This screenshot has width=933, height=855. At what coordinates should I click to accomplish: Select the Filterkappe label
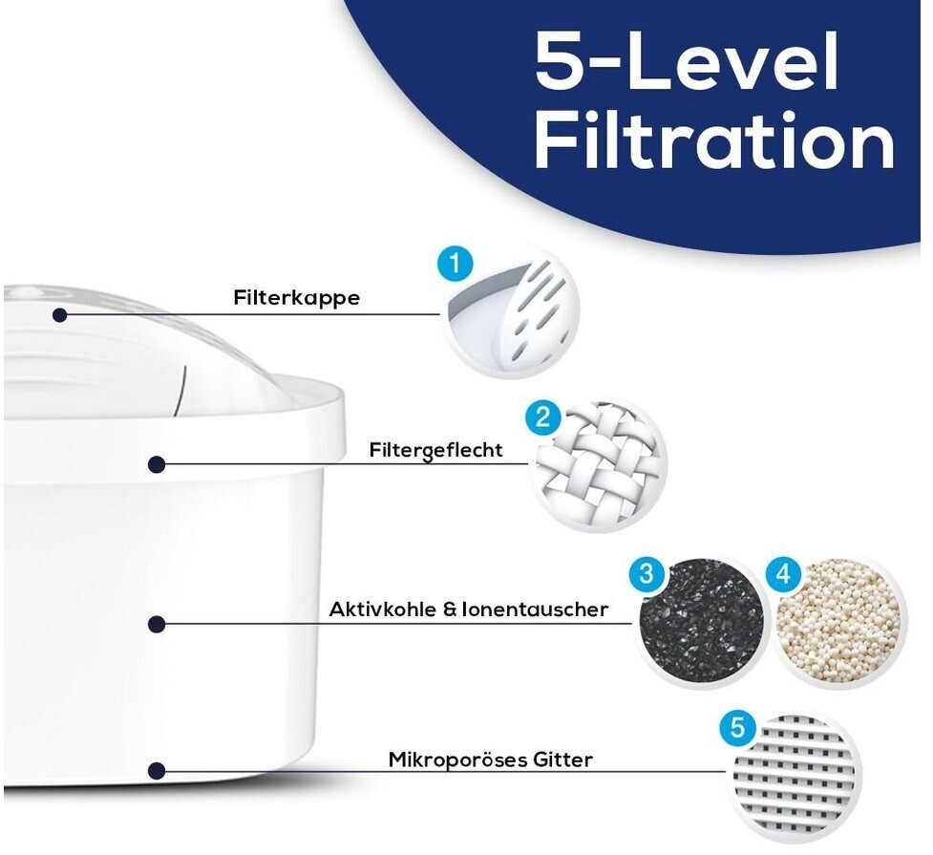tap(296, 297)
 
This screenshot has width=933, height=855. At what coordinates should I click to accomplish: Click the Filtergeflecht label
tap(435, 450)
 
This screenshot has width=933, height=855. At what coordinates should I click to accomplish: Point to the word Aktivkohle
tap(382, 609)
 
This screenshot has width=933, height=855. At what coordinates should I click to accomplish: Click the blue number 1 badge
tap(456, 263)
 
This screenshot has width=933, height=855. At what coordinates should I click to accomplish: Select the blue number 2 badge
tap(542, 417)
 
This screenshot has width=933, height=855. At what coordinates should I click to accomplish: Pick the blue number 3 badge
tap(647, 573)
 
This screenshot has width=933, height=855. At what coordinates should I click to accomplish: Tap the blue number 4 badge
tap(784, 574)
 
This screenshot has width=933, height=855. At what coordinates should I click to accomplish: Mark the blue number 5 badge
tap(737, 728)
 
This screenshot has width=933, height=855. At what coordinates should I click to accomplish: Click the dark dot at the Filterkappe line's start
tap(59, 314)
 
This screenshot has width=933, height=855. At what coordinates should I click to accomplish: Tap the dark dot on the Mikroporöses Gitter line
tap(157, 770)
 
